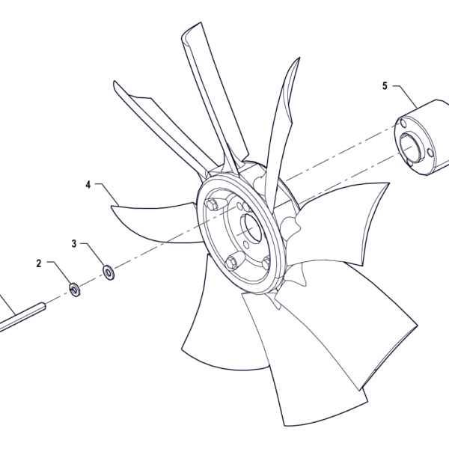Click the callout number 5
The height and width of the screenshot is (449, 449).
[x=385, y=85]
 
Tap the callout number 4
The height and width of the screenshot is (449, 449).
[x=88, y=185]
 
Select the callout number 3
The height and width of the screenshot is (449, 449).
[x=74, y=244]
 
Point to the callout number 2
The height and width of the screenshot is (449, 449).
[x=39, y=263]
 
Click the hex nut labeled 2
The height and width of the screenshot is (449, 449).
[x=75, y=289]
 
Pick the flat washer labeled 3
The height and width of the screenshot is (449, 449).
[x=109, y=272]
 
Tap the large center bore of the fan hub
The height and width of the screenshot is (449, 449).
[x=251, y=228]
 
